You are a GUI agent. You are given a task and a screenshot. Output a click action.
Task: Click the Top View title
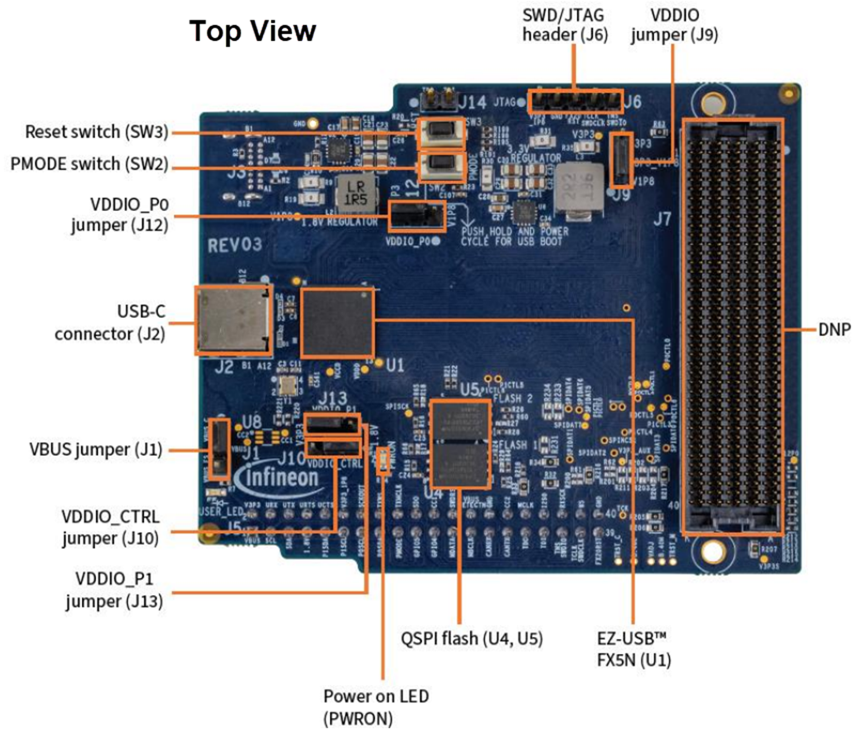pyautogui.click(x=253, y=31)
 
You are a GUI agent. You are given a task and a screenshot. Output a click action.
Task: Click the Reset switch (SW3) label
pyautogui.click(x=97, y=131)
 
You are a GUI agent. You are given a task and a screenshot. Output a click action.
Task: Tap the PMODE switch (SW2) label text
pyautogui.click(x=88, y=165)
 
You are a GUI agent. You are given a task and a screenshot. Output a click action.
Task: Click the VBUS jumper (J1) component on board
pyautogui.click(x=220, y=449)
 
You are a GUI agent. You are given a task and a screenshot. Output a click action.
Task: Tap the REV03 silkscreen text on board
pyautogui.click(x=235, y=245)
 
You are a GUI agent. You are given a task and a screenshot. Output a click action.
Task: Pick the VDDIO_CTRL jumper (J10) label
pyautogui.click(x=110, y=527)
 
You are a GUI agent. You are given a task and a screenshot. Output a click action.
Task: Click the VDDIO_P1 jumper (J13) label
pyautogui.click(x=114, y=591)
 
